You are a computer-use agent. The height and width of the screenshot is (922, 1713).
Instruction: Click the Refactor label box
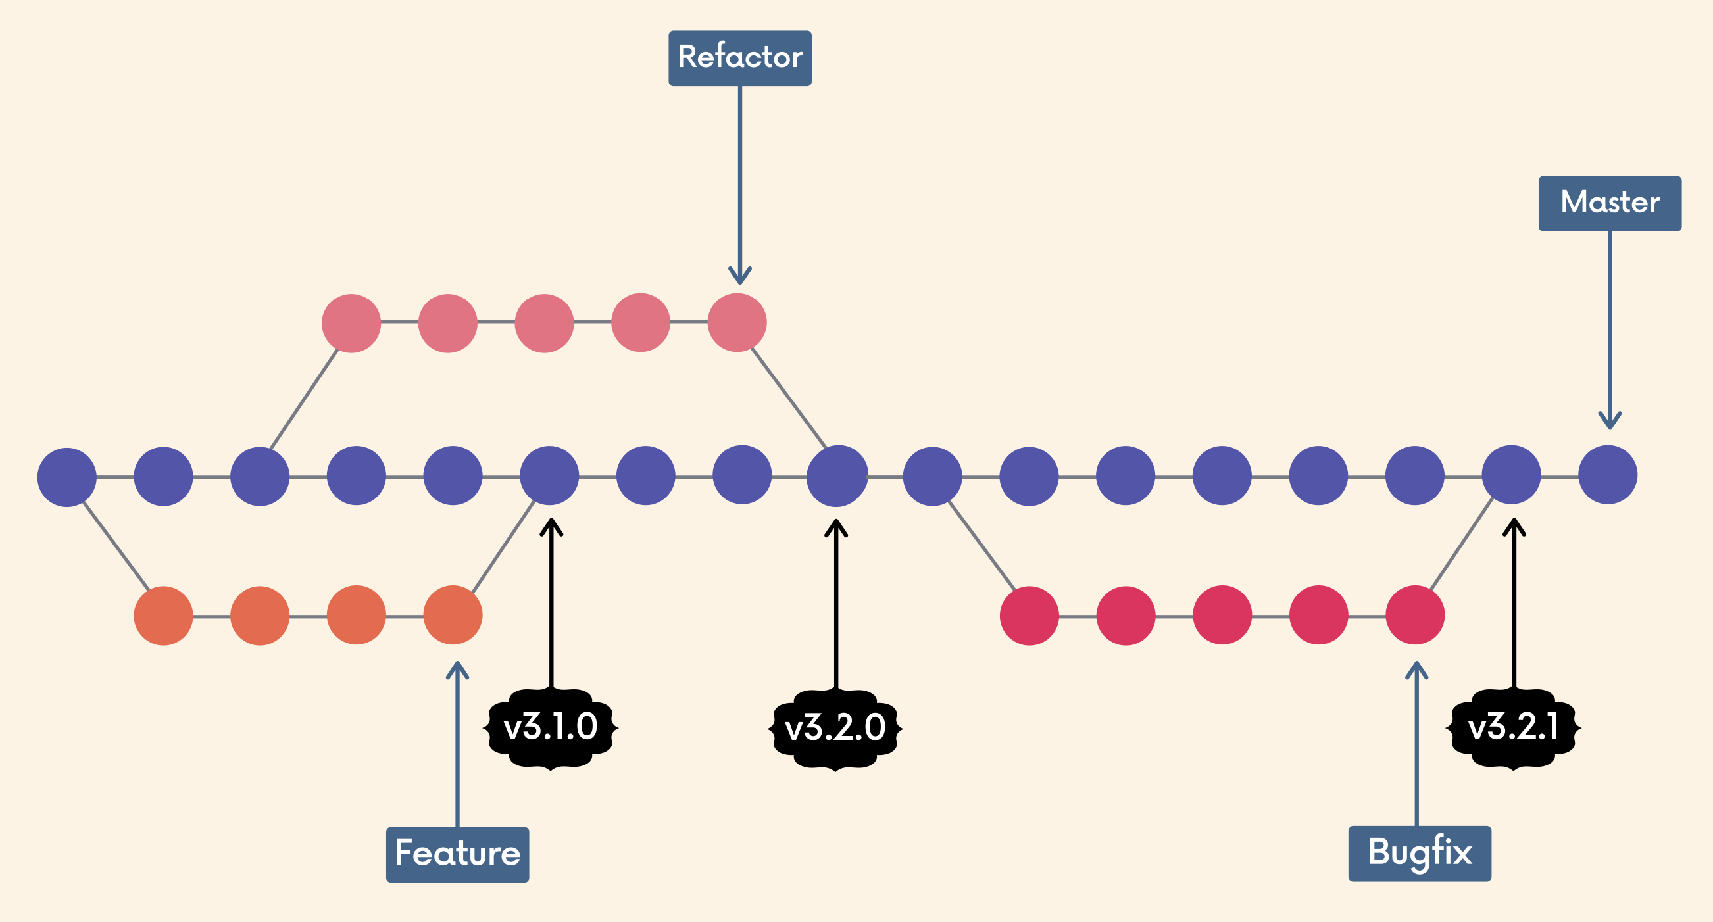pos(739,58)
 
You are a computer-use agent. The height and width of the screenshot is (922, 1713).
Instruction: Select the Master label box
pos(1609,203)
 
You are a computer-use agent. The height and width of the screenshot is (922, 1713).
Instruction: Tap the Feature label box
pos(457,854)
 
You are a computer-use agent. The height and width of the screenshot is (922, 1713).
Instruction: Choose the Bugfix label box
pos(1419,854)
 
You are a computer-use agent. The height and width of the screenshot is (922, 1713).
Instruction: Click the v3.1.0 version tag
pos(551,728)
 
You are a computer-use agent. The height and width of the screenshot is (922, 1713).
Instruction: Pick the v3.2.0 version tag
pos(835,729)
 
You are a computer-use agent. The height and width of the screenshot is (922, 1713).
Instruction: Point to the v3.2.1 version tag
pos(1513,728)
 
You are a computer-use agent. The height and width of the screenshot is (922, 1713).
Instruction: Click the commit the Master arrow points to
pos(1607,475)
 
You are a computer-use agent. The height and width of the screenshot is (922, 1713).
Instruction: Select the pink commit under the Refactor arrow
pos(737,322)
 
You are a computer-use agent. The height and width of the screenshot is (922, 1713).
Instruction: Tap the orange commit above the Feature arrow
pos(453,615)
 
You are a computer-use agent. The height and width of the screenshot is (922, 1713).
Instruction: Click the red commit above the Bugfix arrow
pos(1414,615)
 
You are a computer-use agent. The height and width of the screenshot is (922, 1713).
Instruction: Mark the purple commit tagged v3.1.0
pos(549,475)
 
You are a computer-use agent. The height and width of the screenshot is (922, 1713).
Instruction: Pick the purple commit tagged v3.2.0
pos(837,476)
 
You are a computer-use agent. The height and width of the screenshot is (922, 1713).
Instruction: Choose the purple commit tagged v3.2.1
pos(1511,475)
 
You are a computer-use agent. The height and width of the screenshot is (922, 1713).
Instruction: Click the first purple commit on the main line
pos(66,477)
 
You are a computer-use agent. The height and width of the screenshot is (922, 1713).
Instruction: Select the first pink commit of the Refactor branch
pos(351,323)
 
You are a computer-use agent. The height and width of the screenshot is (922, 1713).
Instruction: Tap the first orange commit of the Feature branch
pos(163,616)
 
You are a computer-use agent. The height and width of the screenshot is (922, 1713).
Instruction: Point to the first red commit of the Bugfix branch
pos(1029,616)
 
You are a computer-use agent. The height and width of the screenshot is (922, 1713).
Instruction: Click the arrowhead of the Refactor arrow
pos(739,278)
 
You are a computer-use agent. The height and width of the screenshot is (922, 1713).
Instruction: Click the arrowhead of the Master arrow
pos(1609,422)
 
